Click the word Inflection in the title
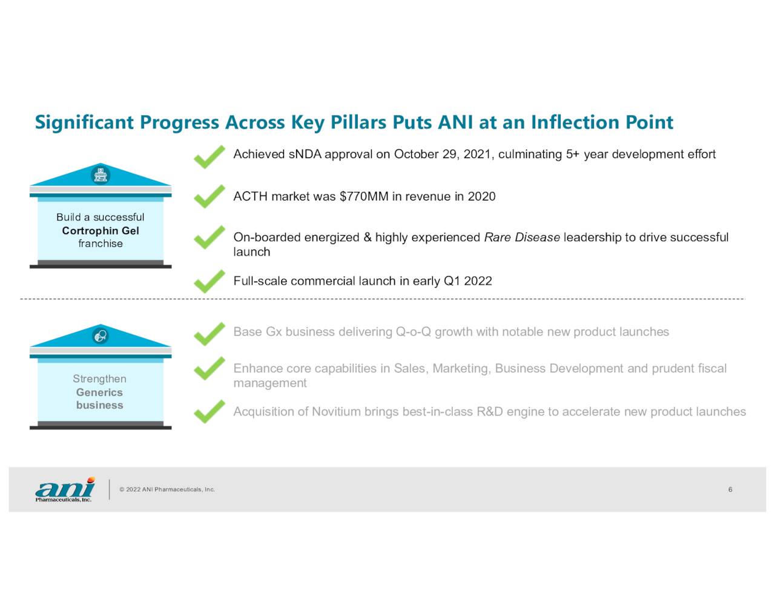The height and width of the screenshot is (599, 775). tap(575, 122)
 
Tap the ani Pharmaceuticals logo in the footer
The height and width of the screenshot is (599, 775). tap(65, 489)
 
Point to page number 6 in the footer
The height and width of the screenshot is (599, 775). tap(730, 489)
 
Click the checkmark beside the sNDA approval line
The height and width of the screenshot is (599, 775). tap(209, 157)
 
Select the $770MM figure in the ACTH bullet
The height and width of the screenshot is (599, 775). tap(364, 197)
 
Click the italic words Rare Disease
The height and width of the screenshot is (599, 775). tap(522, 237)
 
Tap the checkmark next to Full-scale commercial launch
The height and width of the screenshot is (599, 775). tap(209, 281)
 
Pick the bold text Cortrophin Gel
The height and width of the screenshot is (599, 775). tap(101, 231)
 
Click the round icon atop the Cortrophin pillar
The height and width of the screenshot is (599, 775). tap(101, 175)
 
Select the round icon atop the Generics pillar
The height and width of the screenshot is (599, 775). tap(101, 336)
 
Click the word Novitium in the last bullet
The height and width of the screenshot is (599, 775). tap(336, 411)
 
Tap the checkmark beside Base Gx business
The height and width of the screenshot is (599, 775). tap(209, 334)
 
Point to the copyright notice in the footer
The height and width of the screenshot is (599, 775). tap(167, 489)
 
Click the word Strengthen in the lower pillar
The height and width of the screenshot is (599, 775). tap(99, 379)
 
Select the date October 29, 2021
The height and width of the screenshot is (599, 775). tap(444, 154)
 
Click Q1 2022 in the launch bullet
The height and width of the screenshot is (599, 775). tap(467, 281)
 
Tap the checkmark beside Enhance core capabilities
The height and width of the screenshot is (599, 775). tap(209, 368)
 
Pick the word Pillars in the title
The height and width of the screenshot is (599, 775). tap(358, 122)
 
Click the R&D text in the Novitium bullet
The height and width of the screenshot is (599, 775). tap(490, 411)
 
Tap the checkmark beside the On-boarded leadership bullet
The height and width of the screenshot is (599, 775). tap(209, 237)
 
